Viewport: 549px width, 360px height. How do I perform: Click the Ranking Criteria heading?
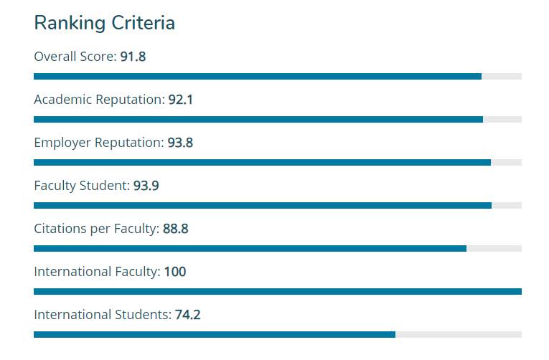(104, 23)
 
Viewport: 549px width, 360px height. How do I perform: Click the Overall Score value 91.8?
(133, 57)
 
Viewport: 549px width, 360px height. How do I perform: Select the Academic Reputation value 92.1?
(180, 100)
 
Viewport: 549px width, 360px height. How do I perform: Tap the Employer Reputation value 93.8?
(180, 143)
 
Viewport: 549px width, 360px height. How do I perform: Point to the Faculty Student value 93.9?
(146, 186)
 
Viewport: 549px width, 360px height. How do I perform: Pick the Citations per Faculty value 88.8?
(175, 229)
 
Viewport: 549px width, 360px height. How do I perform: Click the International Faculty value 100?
(175, 272)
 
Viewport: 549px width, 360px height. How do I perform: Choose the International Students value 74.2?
(187, 315)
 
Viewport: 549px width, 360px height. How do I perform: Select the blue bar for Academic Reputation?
(258, 119)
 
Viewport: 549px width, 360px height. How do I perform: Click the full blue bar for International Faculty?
(277, 291)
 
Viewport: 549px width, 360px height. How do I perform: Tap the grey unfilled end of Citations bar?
(494, 248)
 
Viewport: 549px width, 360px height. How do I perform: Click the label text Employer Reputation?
(98, 143)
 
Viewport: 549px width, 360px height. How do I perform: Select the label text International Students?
(102, 315)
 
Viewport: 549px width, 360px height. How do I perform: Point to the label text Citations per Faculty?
(95, 229)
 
